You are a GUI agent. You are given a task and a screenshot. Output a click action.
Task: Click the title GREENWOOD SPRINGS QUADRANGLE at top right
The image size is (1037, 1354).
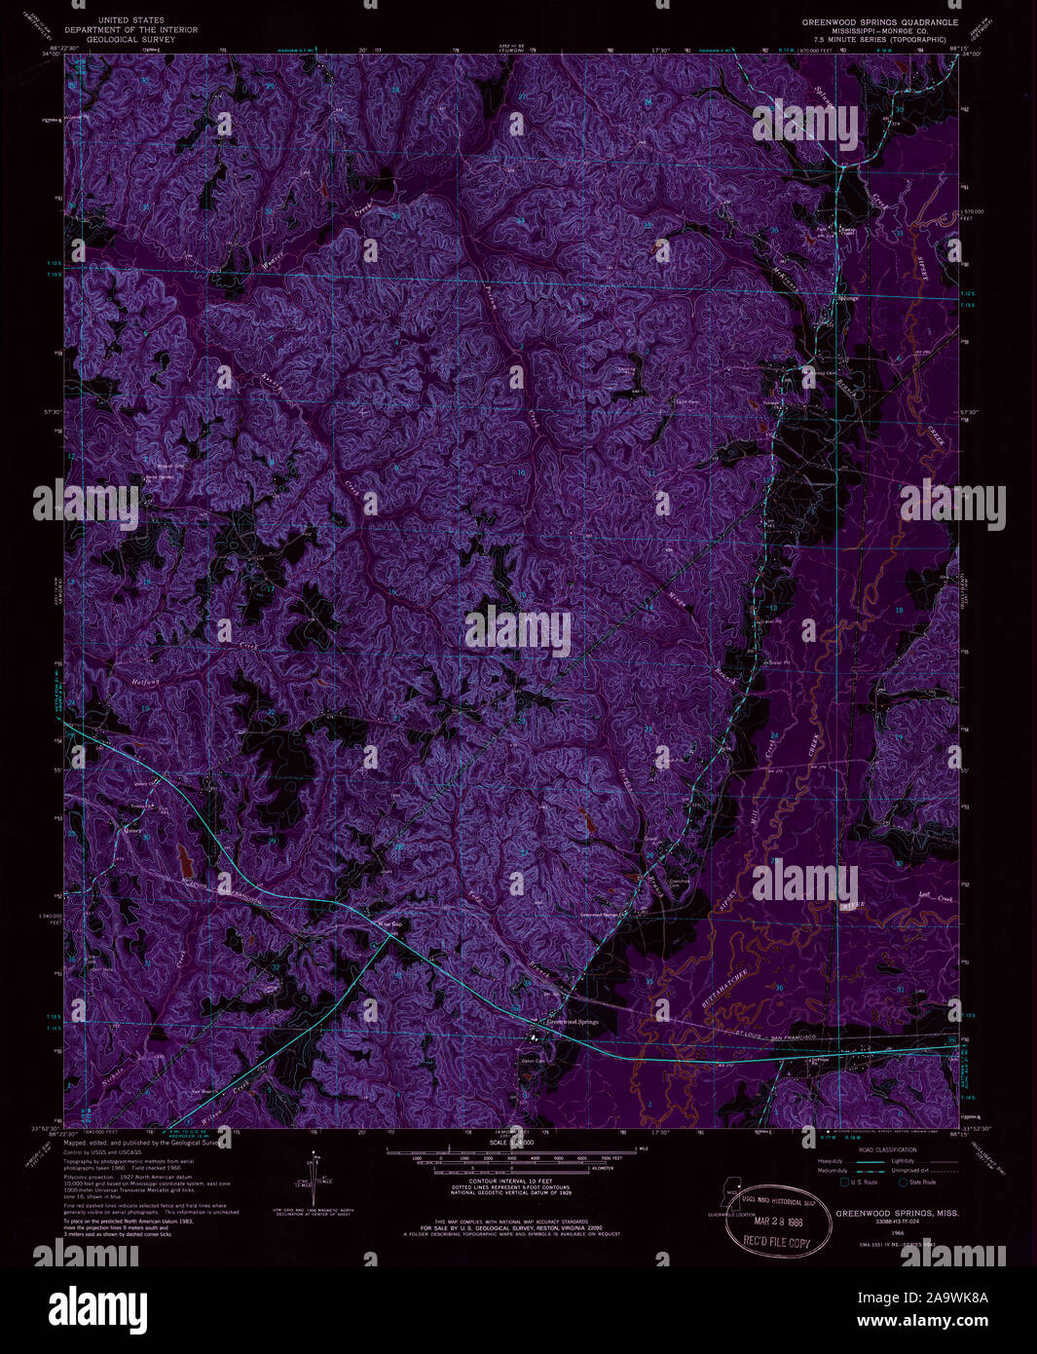(x=879, y=21)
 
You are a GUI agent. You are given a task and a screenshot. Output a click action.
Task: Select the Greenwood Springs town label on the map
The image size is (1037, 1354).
(x=573, y=1022)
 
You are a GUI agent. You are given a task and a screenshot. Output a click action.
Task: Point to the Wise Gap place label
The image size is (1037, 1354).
(x=389, y=924)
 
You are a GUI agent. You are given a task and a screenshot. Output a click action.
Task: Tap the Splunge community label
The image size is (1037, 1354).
(x=848, y=298)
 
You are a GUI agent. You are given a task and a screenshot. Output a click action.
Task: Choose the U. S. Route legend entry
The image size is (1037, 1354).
(x=860, y=1183)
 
